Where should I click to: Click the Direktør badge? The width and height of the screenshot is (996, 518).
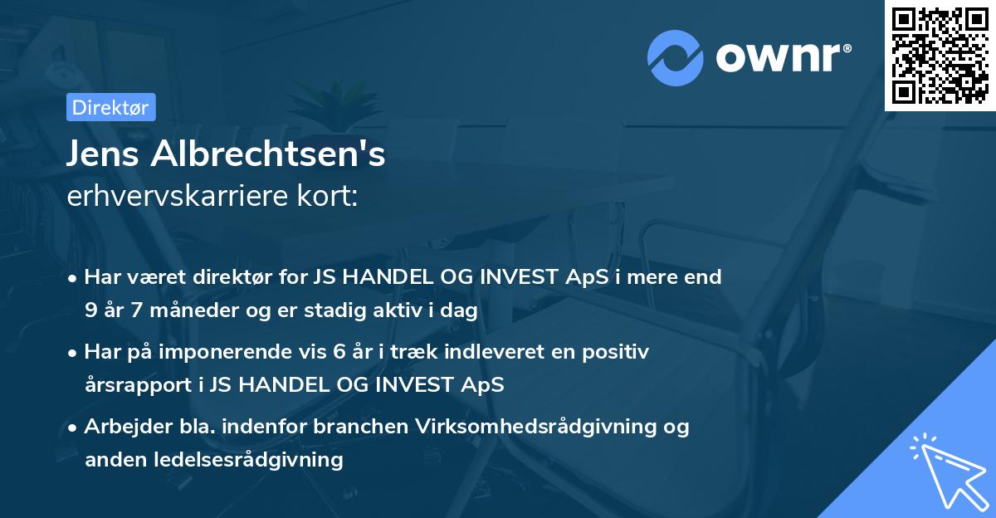pyautogui.click(x=110, y=107)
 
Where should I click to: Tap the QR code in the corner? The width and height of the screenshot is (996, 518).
pyautogui.click(x=940, y=55)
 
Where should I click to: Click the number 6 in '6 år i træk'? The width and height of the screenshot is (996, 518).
pyautogui.click(x=339, y=352)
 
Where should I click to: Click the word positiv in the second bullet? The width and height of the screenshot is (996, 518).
pyautogui.click(x=619, y=352)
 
